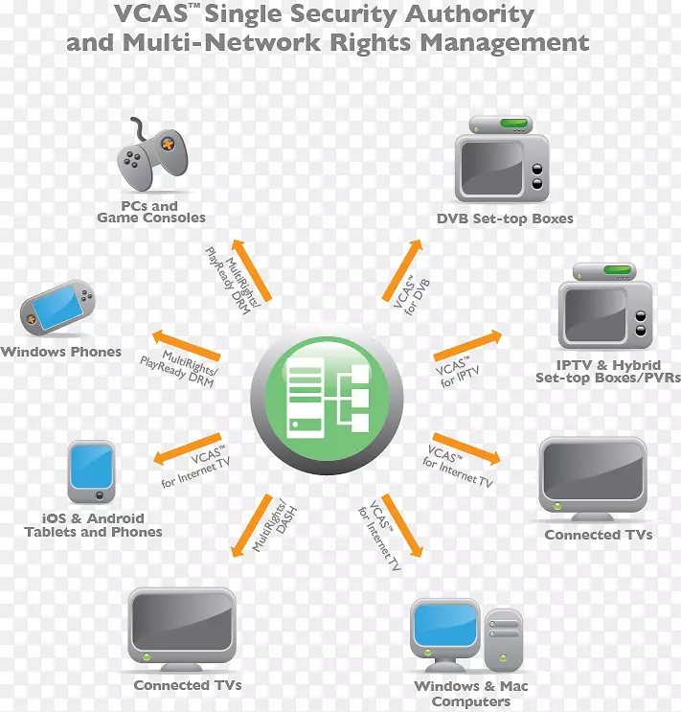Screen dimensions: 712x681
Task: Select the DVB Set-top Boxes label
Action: point(505,218)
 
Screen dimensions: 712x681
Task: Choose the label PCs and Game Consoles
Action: point(150,212)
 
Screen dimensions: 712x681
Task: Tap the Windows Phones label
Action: point(61,352)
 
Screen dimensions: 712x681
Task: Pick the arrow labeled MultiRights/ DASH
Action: point(252,525)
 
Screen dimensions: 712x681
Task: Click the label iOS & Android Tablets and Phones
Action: point(93,525)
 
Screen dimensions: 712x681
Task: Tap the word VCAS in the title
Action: point(151,15)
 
